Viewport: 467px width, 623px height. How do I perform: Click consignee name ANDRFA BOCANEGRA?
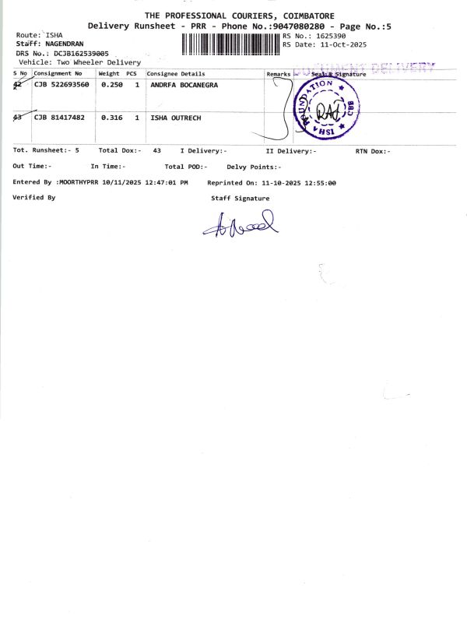tap(184, 84)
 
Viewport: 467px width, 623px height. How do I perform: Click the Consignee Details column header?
tap(175, 73)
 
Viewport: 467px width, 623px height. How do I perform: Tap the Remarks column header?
tap(278, 73)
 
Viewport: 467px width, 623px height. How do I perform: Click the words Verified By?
tap(34, 198)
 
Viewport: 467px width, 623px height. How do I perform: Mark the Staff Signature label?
tap(241, 199)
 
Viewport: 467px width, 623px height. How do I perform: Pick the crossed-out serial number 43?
tap(19, 117)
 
